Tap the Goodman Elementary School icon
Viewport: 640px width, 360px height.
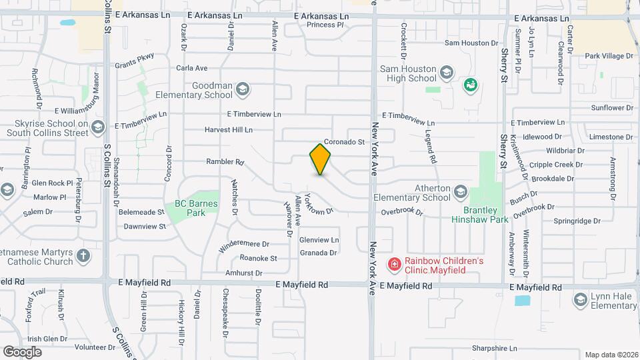point(243,88)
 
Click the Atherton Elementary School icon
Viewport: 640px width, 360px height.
point(460,193)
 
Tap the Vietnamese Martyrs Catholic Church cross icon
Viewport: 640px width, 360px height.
point(83,255)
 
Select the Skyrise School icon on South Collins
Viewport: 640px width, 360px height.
point(99,127)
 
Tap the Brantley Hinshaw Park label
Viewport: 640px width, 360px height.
point(479,214)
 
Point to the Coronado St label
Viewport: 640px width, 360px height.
point(344,142)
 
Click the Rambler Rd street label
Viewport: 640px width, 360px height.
point(225,161)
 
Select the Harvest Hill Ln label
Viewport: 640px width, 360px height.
point(229,129)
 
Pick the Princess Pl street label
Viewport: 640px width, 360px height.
point(325,25)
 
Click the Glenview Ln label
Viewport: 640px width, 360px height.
point(319,240)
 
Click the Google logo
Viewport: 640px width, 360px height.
point(23,351)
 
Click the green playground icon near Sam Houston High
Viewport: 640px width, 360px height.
point(471,85)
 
